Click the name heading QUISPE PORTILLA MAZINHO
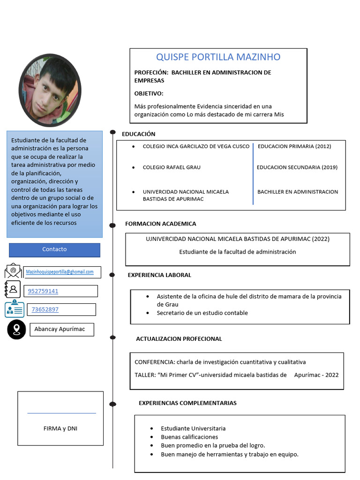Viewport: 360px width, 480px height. (x=218, y=57)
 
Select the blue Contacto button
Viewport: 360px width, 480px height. (x=54, y=249)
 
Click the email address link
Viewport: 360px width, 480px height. (x=60, y=272)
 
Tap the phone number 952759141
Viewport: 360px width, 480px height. (x=43, y=291)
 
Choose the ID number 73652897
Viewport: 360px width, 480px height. (x=45, y=309)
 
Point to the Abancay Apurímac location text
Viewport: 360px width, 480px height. (x=60, y=329)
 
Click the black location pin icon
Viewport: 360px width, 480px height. (x=16, y=330)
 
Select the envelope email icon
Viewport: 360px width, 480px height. (x=13, y=271)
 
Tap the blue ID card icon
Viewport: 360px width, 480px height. (x=15, y=308)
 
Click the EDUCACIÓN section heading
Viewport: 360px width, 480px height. (x=138, y=134)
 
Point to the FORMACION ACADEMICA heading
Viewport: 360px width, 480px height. (x=160, y=224)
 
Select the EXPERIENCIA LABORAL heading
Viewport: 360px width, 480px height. (x=159, y=275)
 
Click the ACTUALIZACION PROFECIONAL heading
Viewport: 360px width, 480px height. (x=179, y=339)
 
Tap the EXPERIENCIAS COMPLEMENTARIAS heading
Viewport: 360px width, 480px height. (x=187, y=403)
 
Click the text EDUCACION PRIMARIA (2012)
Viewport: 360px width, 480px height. (x=294, y=146)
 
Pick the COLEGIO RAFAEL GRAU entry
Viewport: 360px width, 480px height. (x=172, y=167)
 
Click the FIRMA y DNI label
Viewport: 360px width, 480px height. (x=60, y=428)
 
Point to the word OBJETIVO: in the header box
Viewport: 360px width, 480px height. (x=149, y=94)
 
